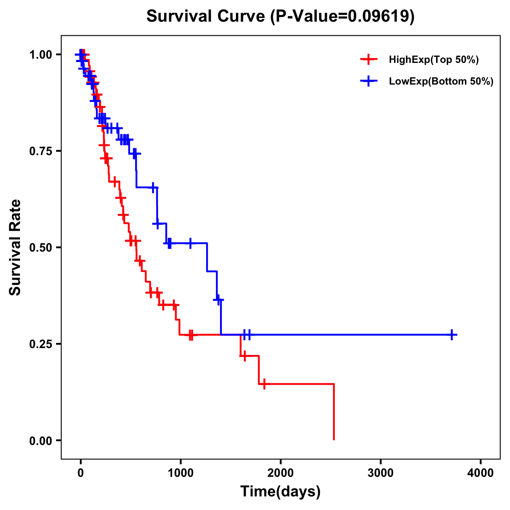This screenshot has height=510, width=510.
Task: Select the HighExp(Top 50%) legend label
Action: click(434, 60)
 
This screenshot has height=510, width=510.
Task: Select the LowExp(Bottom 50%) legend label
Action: click(441, 82)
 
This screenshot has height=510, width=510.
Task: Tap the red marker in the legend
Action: click(368, 60)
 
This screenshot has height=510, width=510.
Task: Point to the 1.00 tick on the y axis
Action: click(41, 55)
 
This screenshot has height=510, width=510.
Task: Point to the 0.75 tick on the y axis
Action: click(41, 151)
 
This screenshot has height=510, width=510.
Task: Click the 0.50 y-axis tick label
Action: click(41, 247)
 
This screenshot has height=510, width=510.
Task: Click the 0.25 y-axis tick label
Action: click(41, 344)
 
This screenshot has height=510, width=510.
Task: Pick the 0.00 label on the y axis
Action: click(41, 440)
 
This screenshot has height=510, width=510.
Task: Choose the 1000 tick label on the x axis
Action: click(181, 473)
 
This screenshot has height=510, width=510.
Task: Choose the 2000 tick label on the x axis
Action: click(280, 473)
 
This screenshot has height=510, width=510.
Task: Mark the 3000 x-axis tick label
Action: click(380, 473)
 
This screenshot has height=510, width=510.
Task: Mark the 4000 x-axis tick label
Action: click(481, 473)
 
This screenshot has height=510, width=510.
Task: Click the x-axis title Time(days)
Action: click(280, 492)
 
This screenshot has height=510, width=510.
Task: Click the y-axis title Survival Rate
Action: click(15, 247)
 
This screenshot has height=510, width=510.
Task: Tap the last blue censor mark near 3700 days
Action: click(452, 335)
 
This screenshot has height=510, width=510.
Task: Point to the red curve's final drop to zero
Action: click(334, 412)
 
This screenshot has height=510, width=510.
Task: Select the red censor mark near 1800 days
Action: click(264, 384)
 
